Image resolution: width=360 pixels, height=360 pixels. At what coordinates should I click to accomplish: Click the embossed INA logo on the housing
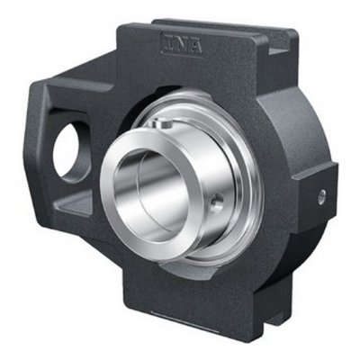pyautogui.click(x=182, y=45)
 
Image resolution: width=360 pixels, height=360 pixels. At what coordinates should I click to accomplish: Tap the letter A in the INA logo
pyautogui.click(x=194, y=47)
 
